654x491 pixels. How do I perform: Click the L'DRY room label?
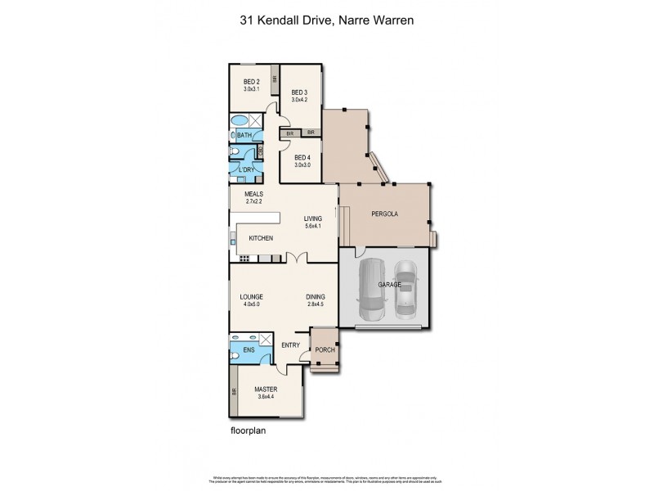tap(246, 169)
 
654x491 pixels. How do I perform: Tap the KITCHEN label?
tap(261, 238)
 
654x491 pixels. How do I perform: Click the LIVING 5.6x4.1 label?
tap(313, 222)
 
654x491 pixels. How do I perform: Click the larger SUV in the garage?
tap(374, 290)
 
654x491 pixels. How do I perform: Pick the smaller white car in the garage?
tap(405, 291)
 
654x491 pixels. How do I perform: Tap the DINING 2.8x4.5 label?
tap(316, 300)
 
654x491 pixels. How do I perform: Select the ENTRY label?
tap(290, 345)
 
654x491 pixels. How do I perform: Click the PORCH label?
tap(325, 350)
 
